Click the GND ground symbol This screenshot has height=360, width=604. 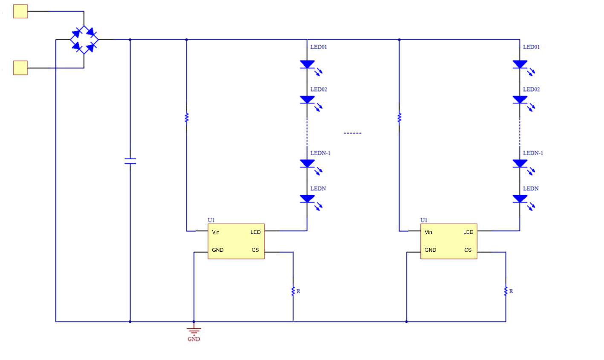coord(194,331)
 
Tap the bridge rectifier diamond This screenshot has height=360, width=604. coord(84,40)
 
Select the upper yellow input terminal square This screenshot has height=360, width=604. coord(20,12)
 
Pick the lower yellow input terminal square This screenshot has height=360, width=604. coord(20,68)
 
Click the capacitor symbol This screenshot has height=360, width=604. coord(130,161)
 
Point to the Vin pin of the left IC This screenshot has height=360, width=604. coord(216,232)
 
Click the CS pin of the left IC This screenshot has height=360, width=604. coord(255,250)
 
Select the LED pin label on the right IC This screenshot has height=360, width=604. coord(468,232)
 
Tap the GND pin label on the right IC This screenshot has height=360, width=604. coord(430,250)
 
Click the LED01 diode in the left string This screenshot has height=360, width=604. coord(307,64)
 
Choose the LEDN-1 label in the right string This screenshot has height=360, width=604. coord(533,153)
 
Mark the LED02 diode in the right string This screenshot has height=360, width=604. coord(520,100)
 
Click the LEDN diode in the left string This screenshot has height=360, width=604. coord(307,199)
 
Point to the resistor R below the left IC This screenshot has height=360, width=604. coord(293,291)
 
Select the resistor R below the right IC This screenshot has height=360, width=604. coord(506,291)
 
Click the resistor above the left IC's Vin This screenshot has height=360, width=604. coord(186,118)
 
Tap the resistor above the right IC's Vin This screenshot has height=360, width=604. coord(399,118)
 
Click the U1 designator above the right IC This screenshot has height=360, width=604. coord(424,220)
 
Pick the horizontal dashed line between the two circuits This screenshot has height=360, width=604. coord(353,133)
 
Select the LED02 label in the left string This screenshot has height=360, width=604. coord(318,89)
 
